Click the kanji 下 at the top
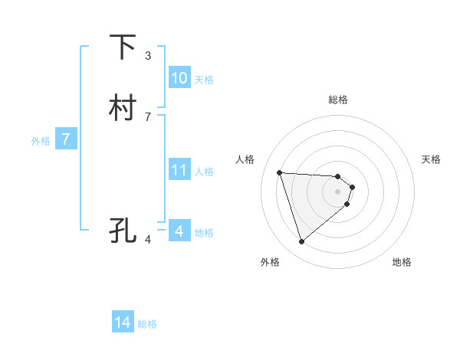[x=123, y=47]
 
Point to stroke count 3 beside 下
[x=148, y=55]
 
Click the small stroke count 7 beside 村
[x=148, y=116]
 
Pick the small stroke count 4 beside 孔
[x=148, y=239]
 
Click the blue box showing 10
[x=179, y=78]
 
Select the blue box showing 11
[x=179, y=170]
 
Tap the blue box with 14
[x=123, y=322]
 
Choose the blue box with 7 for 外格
[x=67, y=139]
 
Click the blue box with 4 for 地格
[x=179, y=231]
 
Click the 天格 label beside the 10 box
[x=204, y=80]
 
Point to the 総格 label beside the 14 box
[x=147, y=324]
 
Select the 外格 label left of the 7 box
[x=41, y=141]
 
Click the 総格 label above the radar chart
[x=338, y=100]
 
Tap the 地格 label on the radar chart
[x=402, y=262]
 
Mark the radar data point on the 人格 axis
[x=280, y=172]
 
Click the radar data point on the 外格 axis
[x=301, y=242]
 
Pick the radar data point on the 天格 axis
[x=352, y=187]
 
